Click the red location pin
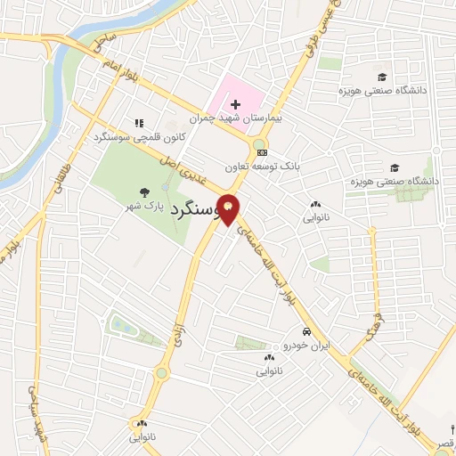229,209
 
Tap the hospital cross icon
234,106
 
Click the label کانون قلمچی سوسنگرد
139,138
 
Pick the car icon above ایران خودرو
306,330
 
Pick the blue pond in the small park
123,325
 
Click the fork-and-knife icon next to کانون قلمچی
138,124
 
